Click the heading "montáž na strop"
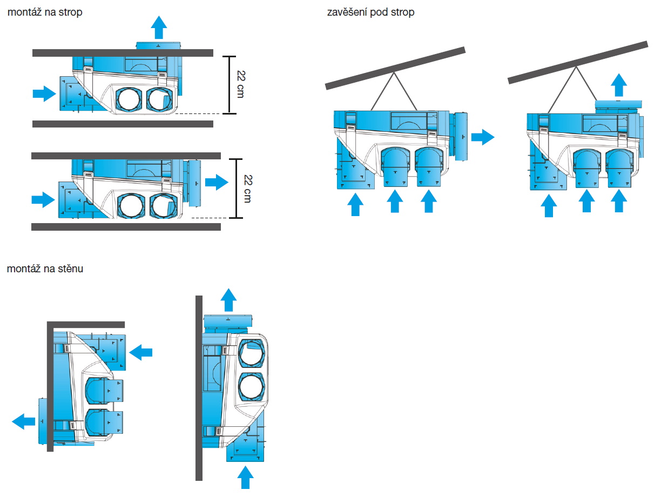(45, 12)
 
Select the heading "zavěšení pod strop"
(370, 12)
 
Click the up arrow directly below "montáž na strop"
(159, 26)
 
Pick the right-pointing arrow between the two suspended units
(482, 137)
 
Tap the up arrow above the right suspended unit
(618, 85)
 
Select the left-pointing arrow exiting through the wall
(24, 420)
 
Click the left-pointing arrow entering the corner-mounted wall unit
(141, 352)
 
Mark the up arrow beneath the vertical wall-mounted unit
(245, 477)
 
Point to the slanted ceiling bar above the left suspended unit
(395, 67)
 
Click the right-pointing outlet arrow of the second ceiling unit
(217, 182)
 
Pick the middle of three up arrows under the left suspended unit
(395, 202)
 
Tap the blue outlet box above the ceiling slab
(159, 46)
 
